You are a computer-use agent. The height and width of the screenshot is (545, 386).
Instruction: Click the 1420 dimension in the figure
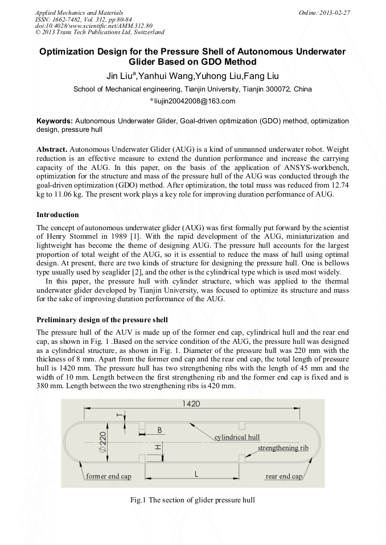(x=191, y=403)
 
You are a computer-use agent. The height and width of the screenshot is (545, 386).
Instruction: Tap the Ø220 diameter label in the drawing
(x=102, y=442)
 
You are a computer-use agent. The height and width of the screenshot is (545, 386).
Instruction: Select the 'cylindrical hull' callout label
(x=237, y=437)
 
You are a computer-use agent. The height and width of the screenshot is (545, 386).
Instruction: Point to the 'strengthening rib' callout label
(x=283, y=448)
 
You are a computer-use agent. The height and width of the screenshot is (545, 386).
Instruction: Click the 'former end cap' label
(x=109, y=476)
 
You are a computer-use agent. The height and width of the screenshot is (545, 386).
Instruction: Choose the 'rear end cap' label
(x=284, y=476)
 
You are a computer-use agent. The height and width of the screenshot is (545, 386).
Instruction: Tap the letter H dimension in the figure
(x=158, y=447)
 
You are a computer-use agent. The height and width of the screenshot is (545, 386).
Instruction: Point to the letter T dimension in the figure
(x=119, y=415)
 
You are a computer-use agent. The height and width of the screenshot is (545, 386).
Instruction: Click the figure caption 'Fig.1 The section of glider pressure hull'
(x=192, y=500)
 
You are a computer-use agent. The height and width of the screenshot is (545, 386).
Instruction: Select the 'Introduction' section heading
(x=58, y=215)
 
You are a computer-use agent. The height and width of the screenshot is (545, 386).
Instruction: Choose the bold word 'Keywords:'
(x=55, y=121)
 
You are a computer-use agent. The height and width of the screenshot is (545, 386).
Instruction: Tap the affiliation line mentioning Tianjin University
(x=192, y=89)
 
